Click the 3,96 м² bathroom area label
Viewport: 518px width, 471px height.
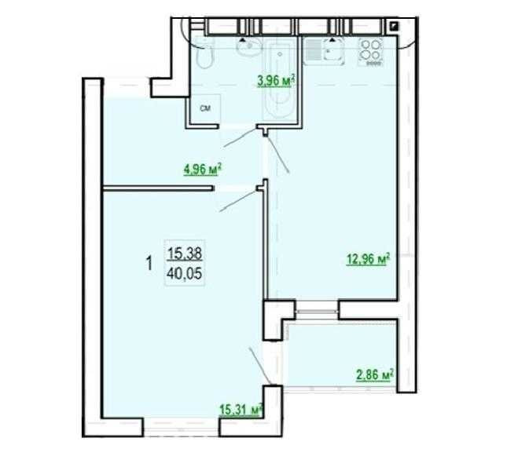275,78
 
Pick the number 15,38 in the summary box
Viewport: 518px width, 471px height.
186,254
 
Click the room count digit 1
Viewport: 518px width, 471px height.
149,264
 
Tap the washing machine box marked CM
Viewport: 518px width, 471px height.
204,108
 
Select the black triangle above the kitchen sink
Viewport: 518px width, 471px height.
334,37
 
